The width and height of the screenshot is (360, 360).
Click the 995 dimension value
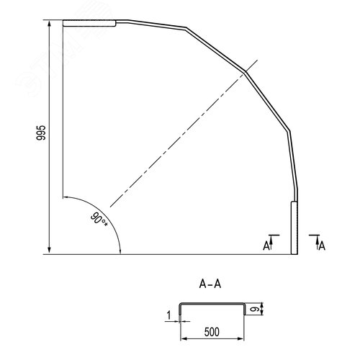41,132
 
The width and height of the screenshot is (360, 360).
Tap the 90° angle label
99,220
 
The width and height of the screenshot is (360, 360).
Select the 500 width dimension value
212,332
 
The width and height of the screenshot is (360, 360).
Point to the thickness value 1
169,315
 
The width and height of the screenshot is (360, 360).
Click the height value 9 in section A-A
253,310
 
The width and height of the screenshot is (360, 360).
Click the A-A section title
210,284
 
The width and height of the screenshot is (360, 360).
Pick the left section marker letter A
266,246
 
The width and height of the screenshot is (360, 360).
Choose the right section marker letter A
322,246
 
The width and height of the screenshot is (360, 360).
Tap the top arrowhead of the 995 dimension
50,24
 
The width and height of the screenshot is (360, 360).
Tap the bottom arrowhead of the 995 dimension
50,250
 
